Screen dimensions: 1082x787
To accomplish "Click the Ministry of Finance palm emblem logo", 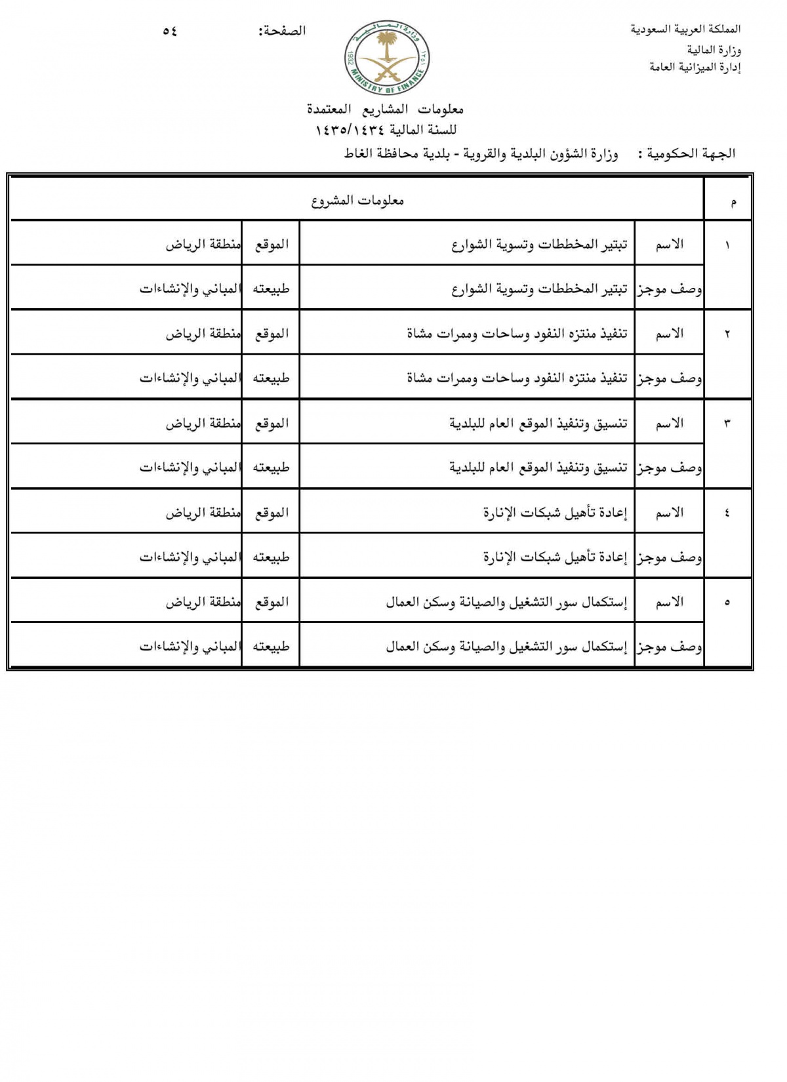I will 385,58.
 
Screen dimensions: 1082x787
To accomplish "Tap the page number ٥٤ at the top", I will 170,31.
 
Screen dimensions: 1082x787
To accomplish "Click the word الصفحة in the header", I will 282,31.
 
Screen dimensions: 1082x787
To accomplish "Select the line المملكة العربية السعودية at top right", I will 685,30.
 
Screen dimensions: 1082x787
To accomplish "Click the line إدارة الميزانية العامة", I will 695,68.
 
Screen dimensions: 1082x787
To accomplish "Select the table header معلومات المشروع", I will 357,201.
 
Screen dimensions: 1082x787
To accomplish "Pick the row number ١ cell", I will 727,245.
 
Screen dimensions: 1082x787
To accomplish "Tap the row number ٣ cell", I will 727,424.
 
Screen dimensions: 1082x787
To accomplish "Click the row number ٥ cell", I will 727,603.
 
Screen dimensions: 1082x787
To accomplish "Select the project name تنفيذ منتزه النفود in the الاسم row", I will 517,334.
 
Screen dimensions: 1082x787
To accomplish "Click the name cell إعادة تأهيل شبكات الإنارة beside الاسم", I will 555,513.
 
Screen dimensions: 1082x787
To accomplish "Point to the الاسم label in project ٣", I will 669,424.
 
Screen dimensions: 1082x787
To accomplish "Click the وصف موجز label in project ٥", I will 669,647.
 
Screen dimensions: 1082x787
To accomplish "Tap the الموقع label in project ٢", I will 272,334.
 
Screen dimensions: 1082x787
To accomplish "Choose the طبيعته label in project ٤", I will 271,557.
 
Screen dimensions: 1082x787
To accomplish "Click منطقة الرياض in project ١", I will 203,245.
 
